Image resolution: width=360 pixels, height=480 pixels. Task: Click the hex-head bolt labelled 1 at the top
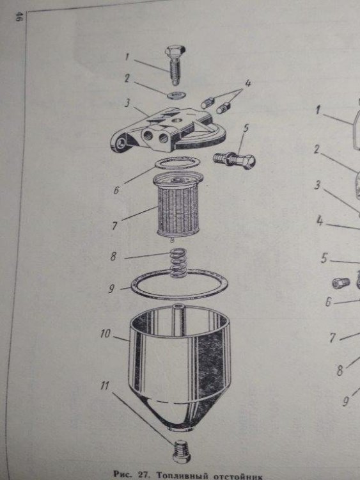175,65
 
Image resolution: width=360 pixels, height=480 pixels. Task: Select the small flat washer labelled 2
175,95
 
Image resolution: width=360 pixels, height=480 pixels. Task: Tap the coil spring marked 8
178,263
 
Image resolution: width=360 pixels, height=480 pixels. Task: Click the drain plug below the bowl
182,452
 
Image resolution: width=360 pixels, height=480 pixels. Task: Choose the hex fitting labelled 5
234,159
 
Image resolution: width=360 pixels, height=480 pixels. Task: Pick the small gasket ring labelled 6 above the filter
177,163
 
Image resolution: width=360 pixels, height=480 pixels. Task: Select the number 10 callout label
105,333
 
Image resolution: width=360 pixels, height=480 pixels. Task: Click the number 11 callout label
105,385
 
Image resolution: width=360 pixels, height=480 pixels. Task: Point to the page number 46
18,17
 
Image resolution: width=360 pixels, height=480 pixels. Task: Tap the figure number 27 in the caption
143,474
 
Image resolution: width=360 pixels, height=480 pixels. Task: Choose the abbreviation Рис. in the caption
123,474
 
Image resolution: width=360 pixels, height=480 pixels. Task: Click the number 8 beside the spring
113,256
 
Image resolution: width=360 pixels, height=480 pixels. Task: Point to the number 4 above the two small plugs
247,83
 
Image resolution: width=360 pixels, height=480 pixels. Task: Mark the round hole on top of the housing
176,121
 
